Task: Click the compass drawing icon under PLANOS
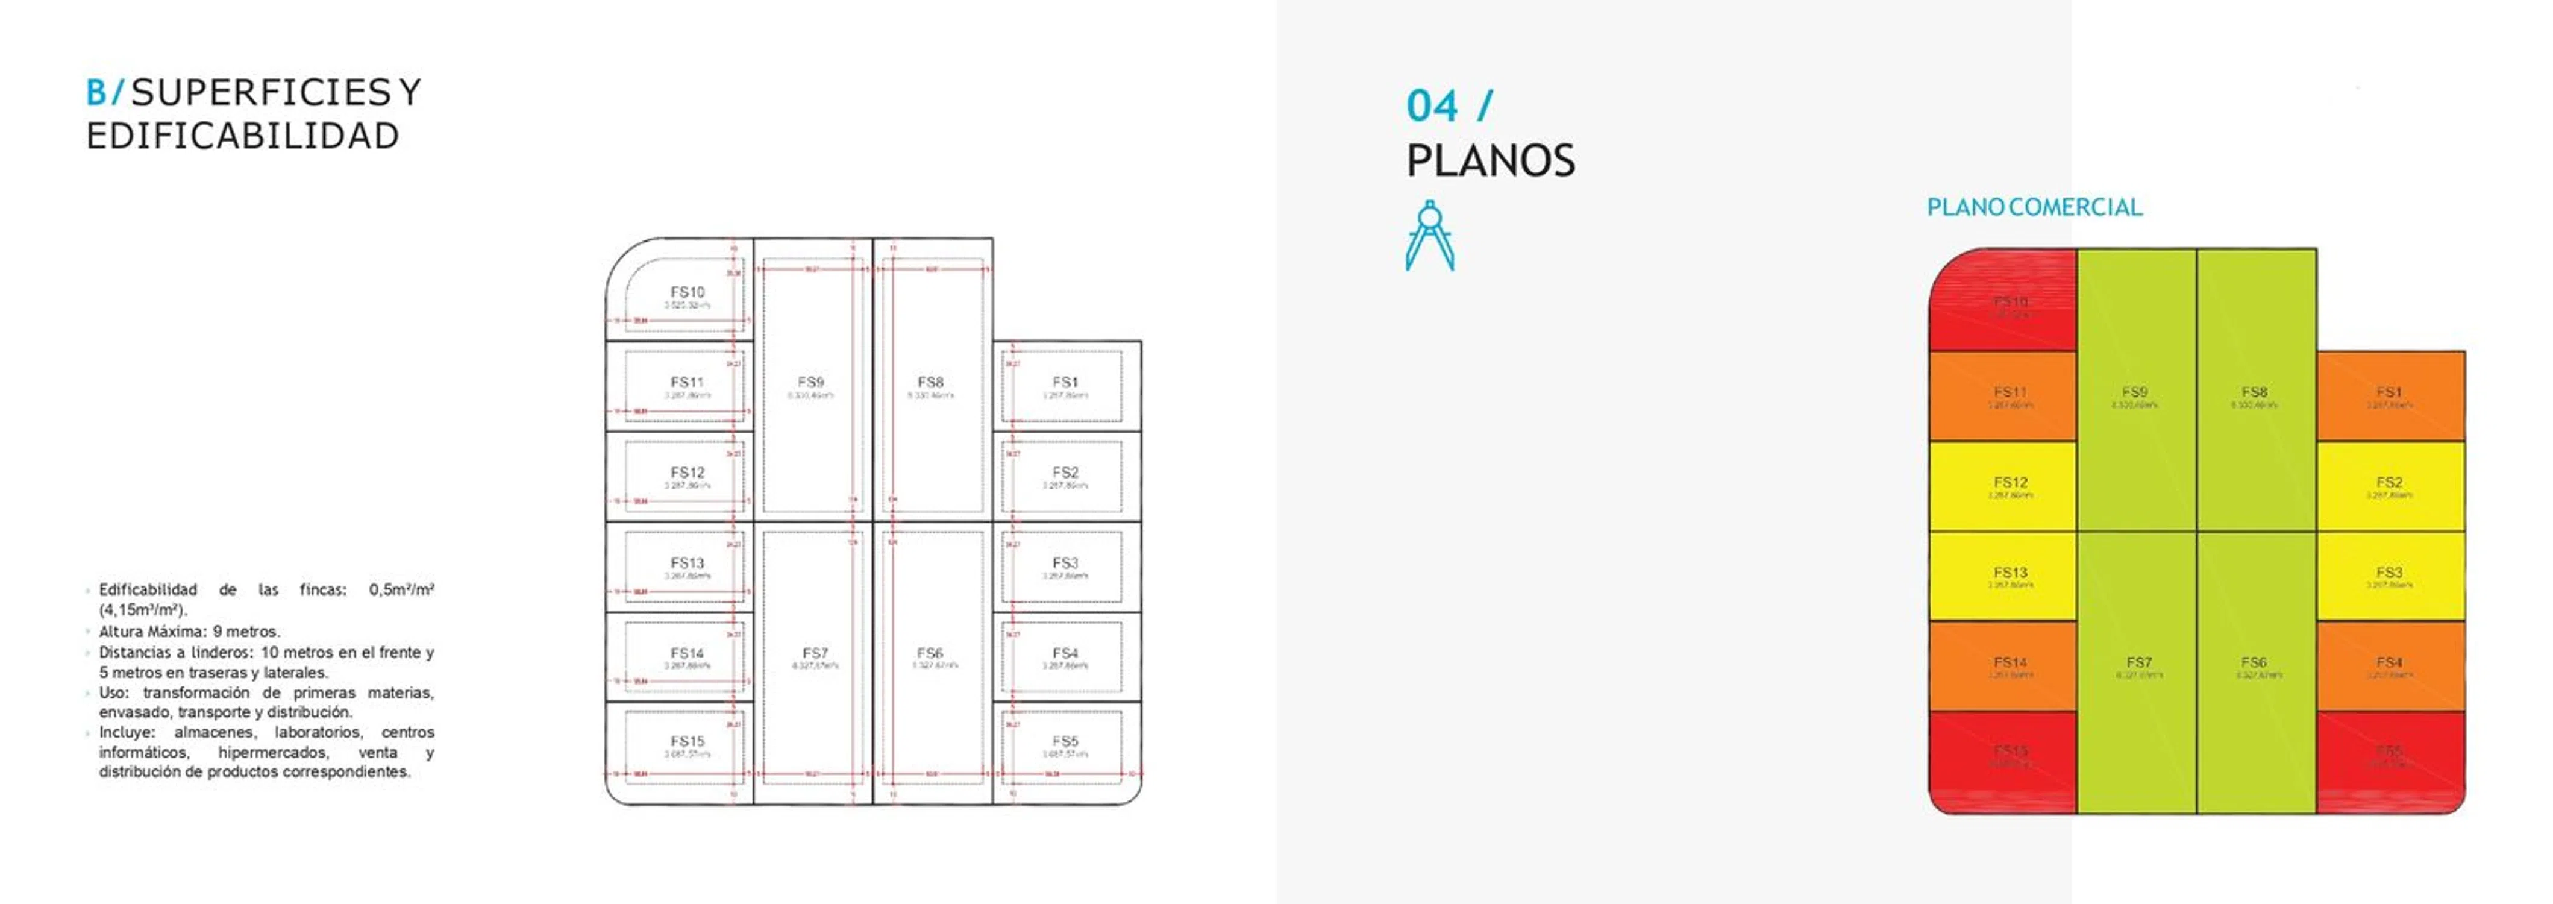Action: [x=1429, y=236]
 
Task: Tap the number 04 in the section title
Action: [x=1432, y=106]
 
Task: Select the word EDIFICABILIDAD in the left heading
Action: [x=243, y=136]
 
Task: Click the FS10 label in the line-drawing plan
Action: [x=687, y=292]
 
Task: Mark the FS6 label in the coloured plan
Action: [x=2254, y=662]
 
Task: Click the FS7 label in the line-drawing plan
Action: [x=815, y=653]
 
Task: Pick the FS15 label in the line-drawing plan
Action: [x=687, y=741]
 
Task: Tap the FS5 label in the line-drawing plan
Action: [x=1065, y=741]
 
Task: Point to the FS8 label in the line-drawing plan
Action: [x=930, y=381]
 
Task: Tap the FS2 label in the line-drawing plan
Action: [x=1065, y=473]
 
